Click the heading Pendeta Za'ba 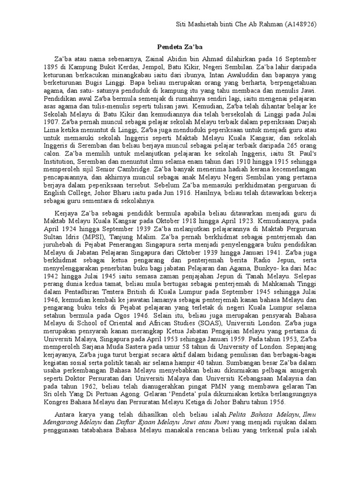pos(180,47)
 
